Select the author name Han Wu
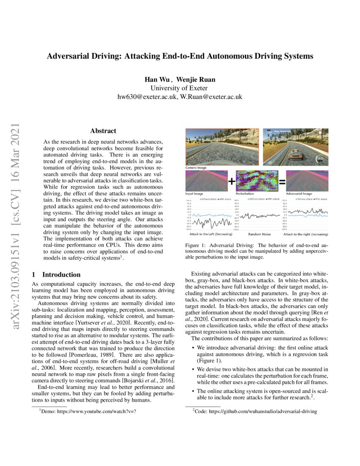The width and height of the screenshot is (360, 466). click(x=157, y=80)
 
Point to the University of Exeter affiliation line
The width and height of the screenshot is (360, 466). click(x=180, y=88)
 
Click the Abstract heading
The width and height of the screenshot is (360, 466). click(x=103, y=131)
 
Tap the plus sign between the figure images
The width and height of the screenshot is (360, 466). click(x=232, y=182)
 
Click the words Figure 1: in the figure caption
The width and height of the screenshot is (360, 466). click(x=197, y=245)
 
